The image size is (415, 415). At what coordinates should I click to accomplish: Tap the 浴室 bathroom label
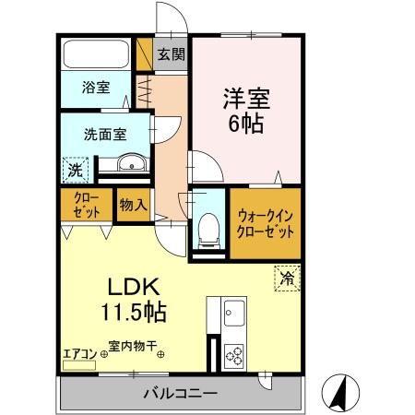point(97,88)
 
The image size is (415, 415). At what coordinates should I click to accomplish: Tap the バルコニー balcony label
point(180,394)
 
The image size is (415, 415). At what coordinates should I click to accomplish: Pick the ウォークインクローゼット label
point(266,223)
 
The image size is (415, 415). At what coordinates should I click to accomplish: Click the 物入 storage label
point(132,206)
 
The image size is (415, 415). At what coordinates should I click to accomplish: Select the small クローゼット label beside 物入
point(83,205)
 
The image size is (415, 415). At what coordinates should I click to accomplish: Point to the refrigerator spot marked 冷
point(287,275)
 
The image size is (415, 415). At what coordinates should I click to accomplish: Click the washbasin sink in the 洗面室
point(131,166)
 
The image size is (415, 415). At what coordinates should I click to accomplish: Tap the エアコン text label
point(79,350)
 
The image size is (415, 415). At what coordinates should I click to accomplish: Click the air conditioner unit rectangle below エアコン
point(78,365)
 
